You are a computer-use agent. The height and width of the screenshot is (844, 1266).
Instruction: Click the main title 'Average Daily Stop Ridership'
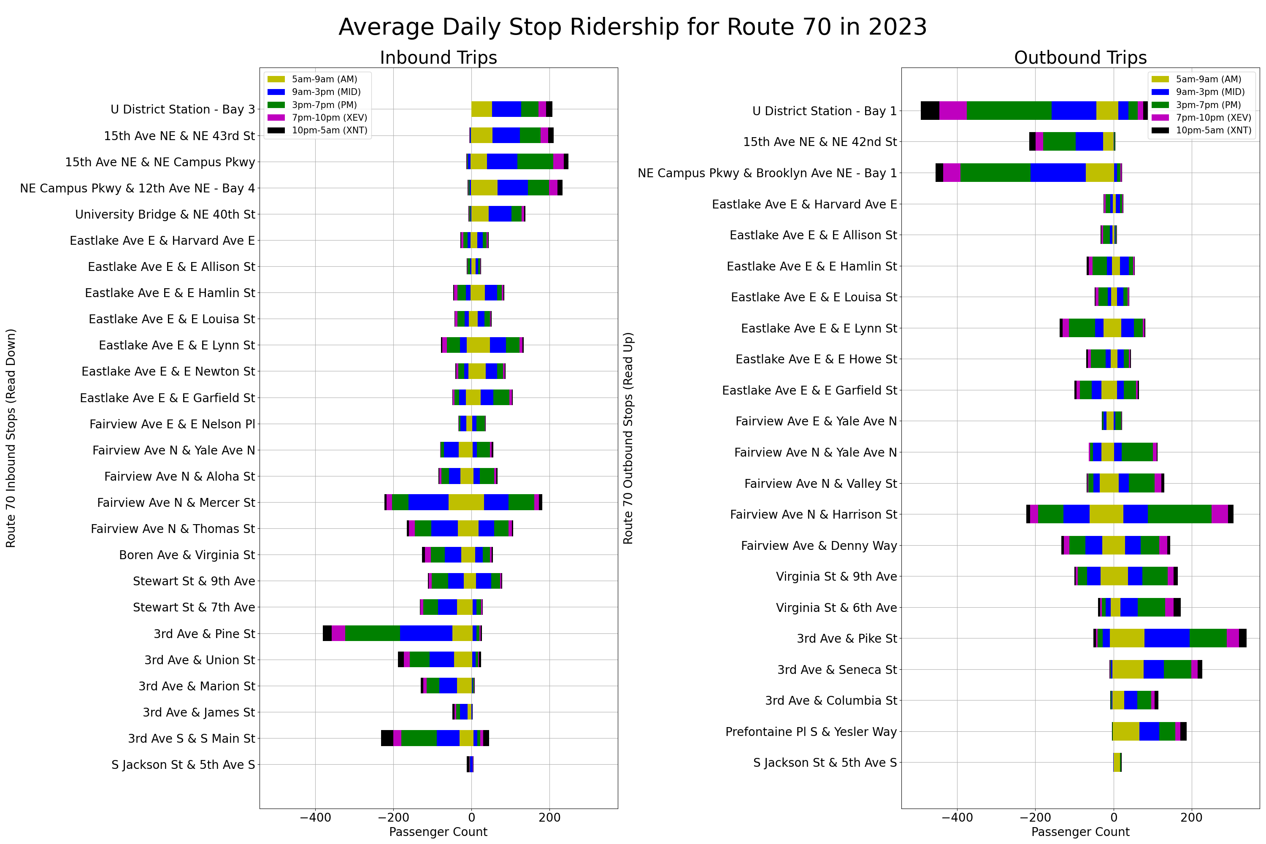(x=633, y=27)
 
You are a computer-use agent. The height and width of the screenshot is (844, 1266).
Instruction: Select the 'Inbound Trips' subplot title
(x=438, y=57)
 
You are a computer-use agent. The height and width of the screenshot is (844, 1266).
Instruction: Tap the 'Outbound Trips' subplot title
(x=1080, y=57)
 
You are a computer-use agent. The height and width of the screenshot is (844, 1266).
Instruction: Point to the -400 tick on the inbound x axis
(x=315, y=817)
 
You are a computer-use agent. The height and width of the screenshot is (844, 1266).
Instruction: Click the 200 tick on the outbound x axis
(x=1191, y=817)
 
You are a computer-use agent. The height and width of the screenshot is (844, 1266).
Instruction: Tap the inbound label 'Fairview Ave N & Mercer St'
(x=176, y=503)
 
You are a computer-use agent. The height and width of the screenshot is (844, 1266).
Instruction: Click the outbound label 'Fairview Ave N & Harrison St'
(x=813, y=514)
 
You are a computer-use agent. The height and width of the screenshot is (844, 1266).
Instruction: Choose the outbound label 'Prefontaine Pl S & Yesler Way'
(x=811, y=731)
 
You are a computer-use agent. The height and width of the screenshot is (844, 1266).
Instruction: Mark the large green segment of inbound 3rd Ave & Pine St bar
(x=373, y=633)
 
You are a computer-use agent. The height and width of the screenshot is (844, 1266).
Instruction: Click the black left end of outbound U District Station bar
(x=930, y=110)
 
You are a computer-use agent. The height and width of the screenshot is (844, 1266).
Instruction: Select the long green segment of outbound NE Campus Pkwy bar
(x=995, y=173)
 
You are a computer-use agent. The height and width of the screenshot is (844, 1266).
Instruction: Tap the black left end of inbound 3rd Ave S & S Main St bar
(x=387, y=738)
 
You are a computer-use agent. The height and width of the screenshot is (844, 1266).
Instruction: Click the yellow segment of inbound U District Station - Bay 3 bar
(x=481, y=109)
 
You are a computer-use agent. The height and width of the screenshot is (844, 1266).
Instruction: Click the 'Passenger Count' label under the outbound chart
(x=1080, y=832)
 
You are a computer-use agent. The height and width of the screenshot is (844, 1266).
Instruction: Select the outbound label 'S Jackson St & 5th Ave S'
(x=825, y=763)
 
